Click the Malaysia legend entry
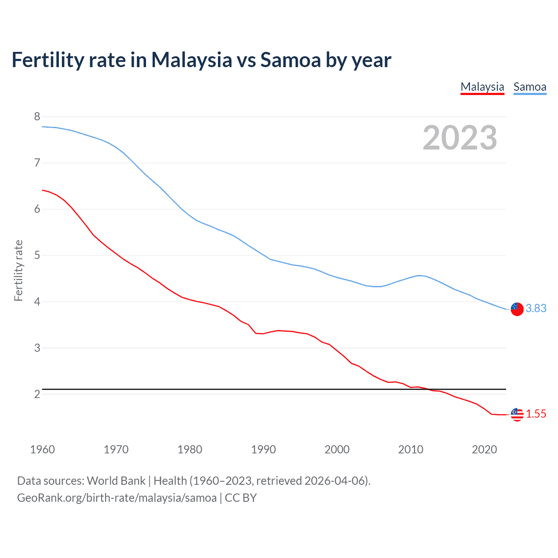(482, 87)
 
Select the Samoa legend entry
(530, 87)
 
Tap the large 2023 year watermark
(460, 138)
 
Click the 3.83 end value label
(536, 308)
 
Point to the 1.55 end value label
(536, 414)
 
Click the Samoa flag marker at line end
(517, 309)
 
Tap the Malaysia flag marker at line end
(517, 414)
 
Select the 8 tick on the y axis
(37, 116)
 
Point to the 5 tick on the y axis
(37, 255)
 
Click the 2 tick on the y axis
(37, 394)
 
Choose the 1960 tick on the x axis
(42, 449)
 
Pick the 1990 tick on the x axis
(263, 449)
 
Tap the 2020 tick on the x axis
(484, 449)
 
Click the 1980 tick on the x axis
(190, 449)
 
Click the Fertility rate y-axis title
(18, 270)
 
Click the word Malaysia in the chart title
(191, 60)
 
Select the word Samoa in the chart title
(290, 60)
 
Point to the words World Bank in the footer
(116, 480)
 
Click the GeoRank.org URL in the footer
(117, 497)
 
